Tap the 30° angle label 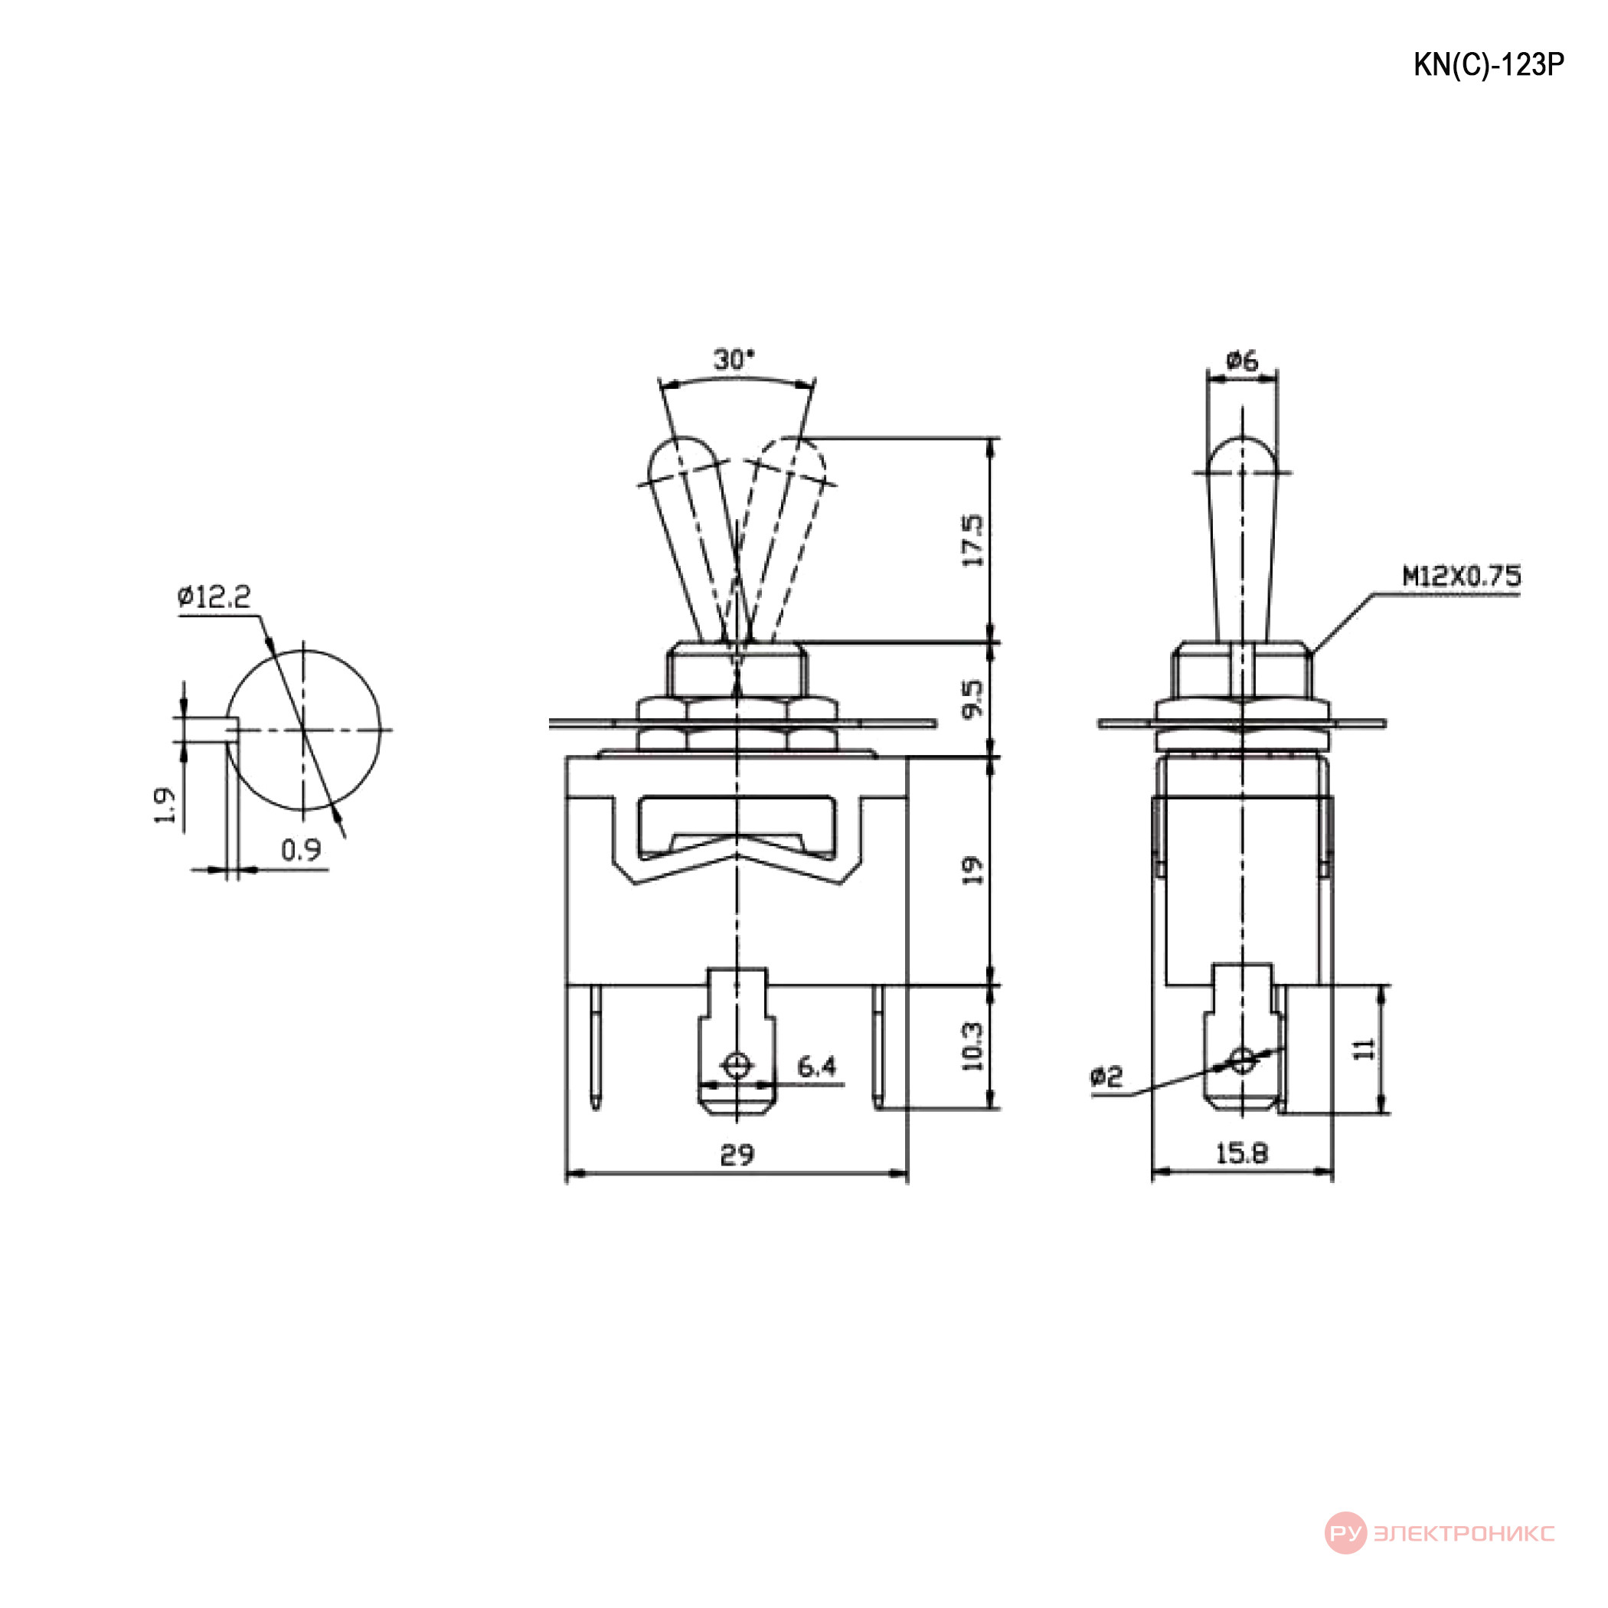[x=734, y=360]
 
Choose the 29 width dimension [x=737, y=1155]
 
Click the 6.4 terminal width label [x=816, y=1066]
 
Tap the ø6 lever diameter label [x=1242, y=361]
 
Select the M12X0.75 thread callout [x=1463, y=576]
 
